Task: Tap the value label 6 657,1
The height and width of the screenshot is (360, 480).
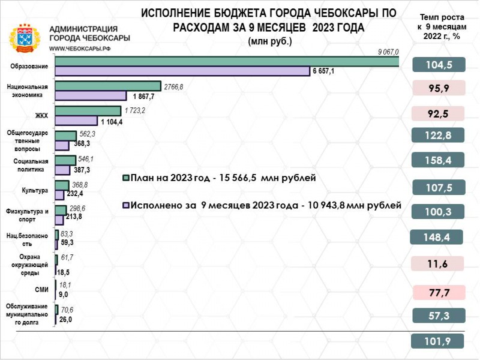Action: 323,71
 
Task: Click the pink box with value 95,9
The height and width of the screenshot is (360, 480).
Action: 439,88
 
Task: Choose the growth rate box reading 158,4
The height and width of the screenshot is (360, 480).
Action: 439,160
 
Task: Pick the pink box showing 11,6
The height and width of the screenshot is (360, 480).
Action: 439,263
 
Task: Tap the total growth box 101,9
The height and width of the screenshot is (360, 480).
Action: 439,341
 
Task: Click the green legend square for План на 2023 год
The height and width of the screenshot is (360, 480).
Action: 125,178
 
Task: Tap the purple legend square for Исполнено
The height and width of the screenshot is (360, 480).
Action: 125,205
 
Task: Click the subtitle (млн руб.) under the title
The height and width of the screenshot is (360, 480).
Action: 269,41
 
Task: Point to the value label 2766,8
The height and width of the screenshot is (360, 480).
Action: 174,86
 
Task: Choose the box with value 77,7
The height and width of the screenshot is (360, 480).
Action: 439,292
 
